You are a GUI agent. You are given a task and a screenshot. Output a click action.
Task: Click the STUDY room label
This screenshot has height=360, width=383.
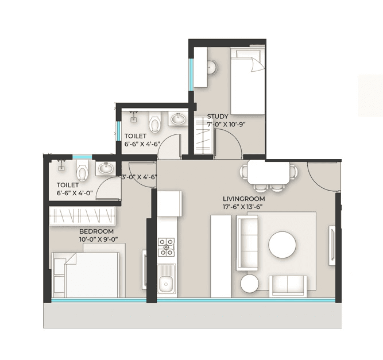pos(218,116)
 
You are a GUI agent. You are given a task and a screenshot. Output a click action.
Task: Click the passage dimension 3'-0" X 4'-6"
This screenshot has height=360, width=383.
pos(138,177)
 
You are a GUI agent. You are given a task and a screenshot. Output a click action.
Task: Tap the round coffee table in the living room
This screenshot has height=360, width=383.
pos(283,244)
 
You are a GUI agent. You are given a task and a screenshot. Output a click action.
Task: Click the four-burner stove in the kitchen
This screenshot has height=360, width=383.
pos(167,247)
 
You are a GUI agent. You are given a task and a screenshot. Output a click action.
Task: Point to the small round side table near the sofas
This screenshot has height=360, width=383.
pos(250,283)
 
